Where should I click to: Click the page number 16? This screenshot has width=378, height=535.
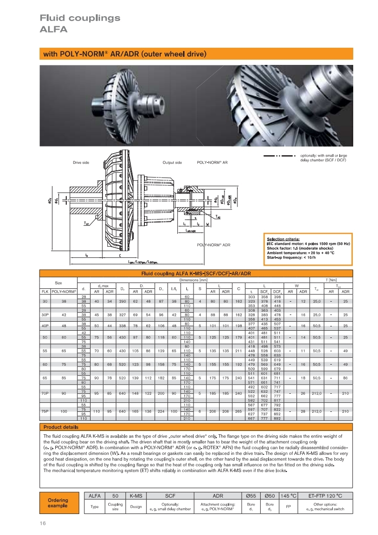(42, 523)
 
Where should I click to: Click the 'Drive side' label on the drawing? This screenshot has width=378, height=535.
(81, 163)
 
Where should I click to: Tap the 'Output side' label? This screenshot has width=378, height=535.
(172, 163)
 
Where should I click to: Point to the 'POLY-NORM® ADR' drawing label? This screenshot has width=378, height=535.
(214, 245)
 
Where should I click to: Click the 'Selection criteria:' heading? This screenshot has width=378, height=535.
(283, 238)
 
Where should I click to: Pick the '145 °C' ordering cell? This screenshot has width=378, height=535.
(288, 496)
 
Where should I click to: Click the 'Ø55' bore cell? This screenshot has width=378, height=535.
(251, 496)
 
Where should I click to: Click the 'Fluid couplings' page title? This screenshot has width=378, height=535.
(80, 18)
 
